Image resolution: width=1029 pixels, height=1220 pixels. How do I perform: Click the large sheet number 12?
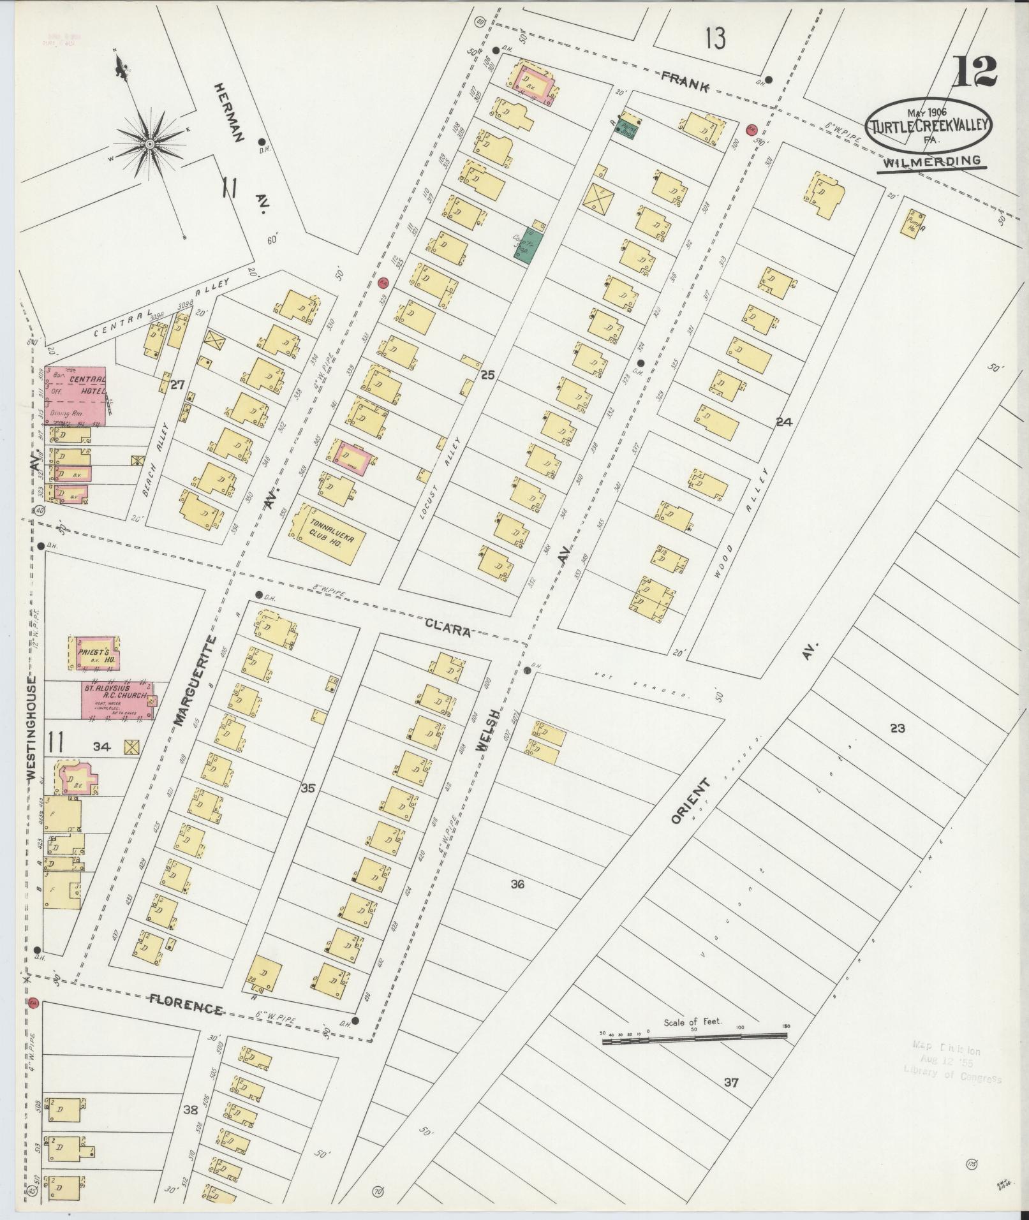point(973,72)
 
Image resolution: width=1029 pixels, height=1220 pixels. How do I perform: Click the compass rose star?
point(149,145)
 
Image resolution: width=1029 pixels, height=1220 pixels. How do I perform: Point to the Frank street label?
point(685,83)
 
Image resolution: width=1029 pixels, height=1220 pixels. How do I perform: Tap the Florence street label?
point(186,1010)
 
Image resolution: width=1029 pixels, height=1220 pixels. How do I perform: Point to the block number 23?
point(897,728)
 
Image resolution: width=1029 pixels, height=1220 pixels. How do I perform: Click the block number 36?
point(517,885)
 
